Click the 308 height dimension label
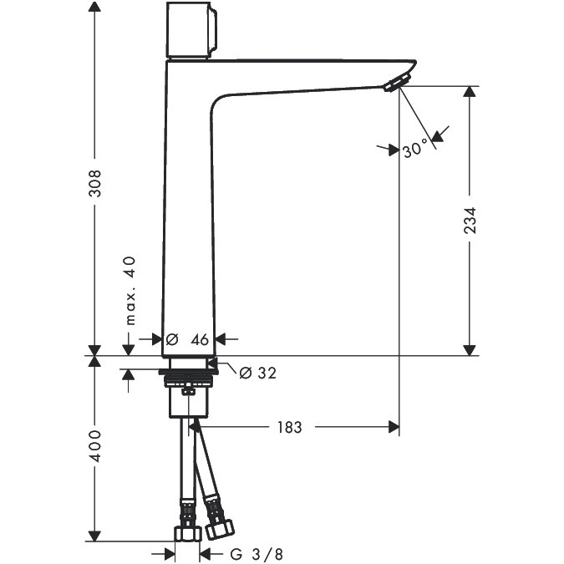95,184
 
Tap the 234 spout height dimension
470,221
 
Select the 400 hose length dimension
95,446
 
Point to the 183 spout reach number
290,427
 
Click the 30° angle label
416,149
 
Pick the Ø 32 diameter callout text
258,373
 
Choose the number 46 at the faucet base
200,339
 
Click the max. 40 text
130,291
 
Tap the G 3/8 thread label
257,554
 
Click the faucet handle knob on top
191,30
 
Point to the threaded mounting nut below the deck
189,380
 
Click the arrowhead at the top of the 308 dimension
94,8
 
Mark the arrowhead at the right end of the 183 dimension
394,427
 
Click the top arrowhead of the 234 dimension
470,92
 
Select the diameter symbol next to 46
172,339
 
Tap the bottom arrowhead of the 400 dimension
94,536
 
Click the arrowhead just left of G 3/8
170,554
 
